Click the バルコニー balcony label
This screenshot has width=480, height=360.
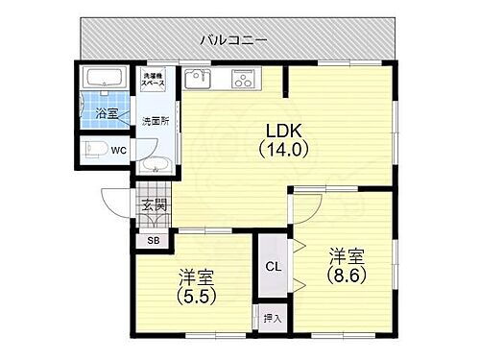pyautogui.click(x=234, y=39)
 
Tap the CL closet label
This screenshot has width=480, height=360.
pyautogui.click(x=273, y=266)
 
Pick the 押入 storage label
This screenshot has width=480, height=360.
pyautogui.click(x=272, y=318)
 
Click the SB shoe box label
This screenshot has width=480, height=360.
pyautogui.click(x=154, y=241)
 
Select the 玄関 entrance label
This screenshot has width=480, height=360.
pyautogui.click(x=155, y=204)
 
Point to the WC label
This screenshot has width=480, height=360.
pyautogui.click(x=119, y=151)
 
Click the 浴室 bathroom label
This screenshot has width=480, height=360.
pyautogui.click(x=106, y=113)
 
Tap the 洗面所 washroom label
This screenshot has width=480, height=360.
pyautogui.click(x=154, y=122)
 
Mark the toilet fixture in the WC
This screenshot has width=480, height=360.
pyautogui.click(x=96, y=148)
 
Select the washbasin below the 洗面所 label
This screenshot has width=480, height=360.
pyautogui.click(x=155, y=166)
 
